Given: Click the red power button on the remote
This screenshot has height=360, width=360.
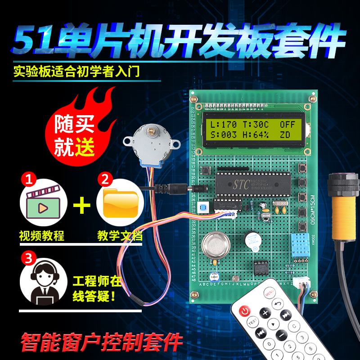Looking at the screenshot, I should [x=244, y=310].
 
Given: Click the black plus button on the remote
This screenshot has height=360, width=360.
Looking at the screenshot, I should [x=265, y=313].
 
